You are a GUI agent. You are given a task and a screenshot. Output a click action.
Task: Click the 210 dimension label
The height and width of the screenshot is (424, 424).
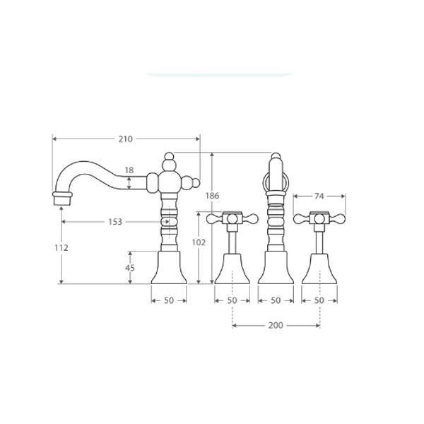pyautogui.click(x=126, y=139)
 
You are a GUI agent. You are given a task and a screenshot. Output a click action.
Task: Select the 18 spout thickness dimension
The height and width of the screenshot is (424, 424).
pyautogui.click(x=129, y=170)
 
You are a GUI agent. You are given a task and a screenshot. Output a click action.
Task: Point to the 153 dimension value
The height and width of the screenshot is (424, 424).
pyautogui.click(x=115, y=222)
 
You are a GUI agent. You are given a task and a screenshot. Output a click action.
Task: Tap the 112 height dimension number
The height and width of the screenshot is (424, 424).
pyautogui.click(x=61, y=248)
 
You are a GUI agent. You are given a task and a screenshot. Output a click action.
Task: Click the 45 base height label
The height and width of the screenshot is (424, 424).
pyautogui.click(x=130, y=268)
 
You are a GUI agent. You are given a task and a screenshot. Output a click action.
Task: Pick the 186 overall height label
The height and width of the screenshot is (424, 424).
pyautogui.click(x=212, y=196)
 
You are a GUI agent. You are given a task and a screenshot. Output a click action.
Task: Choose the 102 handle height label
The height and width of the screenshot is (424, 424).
pyautogui.click(x=199, y=242)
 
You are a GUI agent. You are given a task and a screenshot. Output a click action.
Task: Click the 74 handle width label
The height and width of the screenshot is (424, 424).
pyautogui.click(x=319, y=196)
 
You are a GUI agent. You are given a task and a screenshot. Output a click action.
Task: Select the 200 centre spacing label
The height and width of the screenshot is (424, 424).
pyautogui.click(x=276, y=325)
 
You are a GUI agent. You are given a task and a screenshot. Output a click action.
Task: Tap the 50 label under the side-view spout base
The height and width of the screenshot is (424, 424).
pyautogui.click(x=169, y=300)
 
